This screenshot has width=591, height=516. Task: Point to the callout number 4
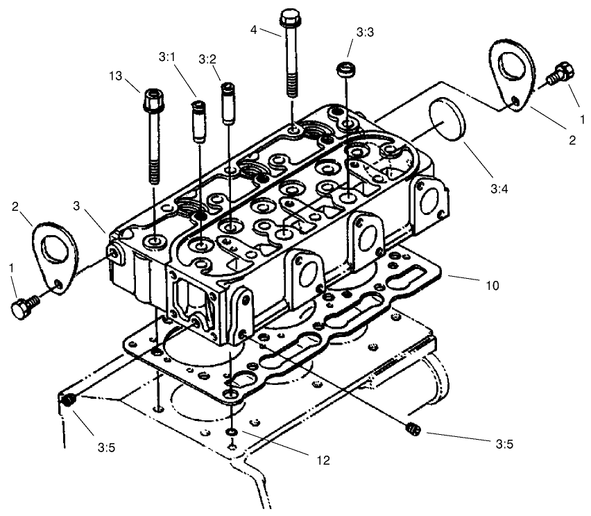254,30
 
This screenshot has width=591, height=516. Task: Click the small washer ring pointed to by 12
231,432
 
